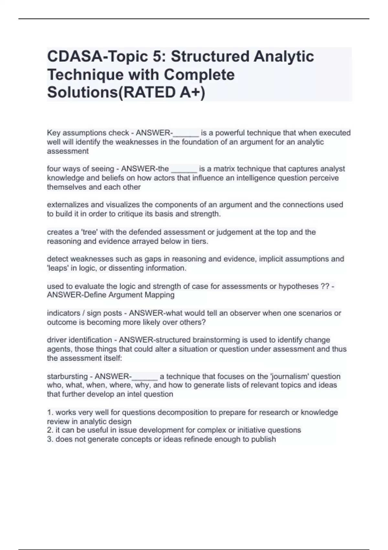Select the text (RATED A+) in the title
pyautogui.click(x=162, y=93)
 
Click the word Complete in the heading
pyautogui.click(x=199, y=75)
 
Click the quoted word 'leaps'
pyautogui.click(x=57, y=268)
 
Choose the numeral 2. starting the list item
pyautogui.click(x=50, y=430)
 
